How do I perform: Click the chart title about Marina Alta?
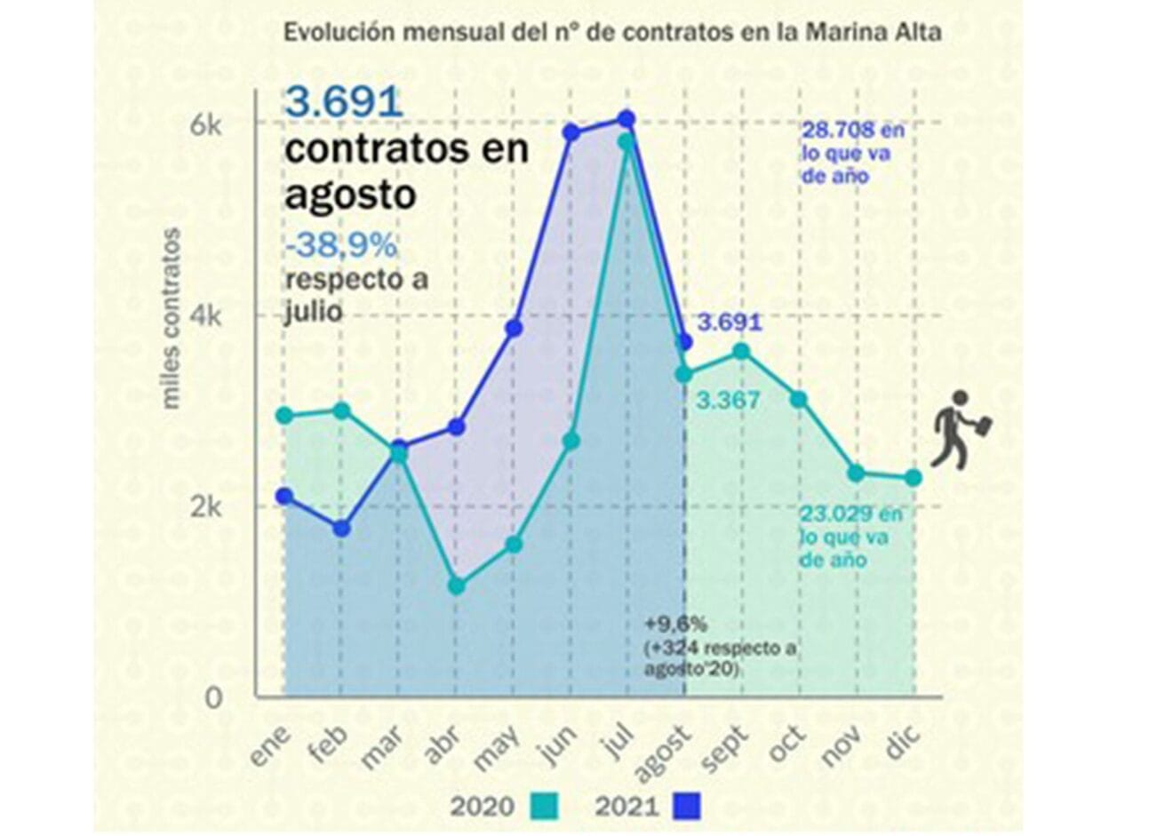pyautogui.click(x=612, y=33)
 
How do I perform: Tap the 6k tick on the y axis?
pyautogui.click(x=207, y=124)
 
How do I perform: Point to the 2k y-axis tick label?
pyautogui.click(x=207, y=507)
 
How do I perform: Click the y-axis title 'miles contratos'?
pyautogui.click(x=171, y=319)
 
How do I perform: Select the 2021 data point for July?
pyautogui.click(x=626, y=119)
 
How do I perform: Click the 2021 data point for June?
pyautogui.click(x=571, y=133)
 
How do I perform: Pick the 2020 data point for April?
pyautogui.click(x=457, y=586)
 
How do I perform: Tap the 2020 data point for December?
pyautogui.click(x=913, y=478)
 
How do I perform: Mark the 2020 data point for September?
pyautogui.click(x=740, y=352)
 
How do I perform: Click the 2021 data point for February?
pyautogui.click(x=341, y=529)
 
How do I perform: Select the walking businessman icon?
pyautogui.click(x=960, y=429)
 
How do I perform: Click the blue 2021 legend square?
pyautogui.click(x=687, y=807)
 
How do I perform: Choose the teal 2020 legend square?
pyautogui.click(x=544, y=807)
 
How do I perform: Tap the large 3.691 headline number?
pyautogui.click(x=344, y=102)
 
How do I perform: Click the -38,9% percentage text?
pyautogui.click(x=340, y=245)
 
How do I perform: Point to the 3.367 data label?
pyautogui.click(x=728, y=401)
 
